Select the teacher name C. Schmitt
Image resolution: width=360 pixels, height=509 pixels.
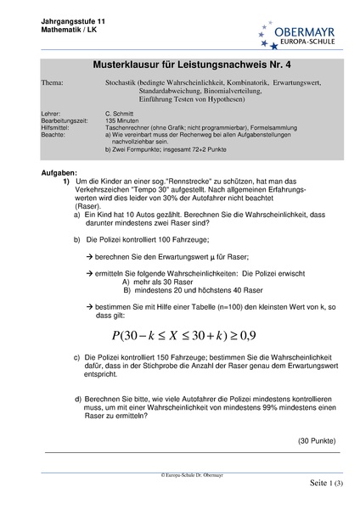(124, 112)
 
